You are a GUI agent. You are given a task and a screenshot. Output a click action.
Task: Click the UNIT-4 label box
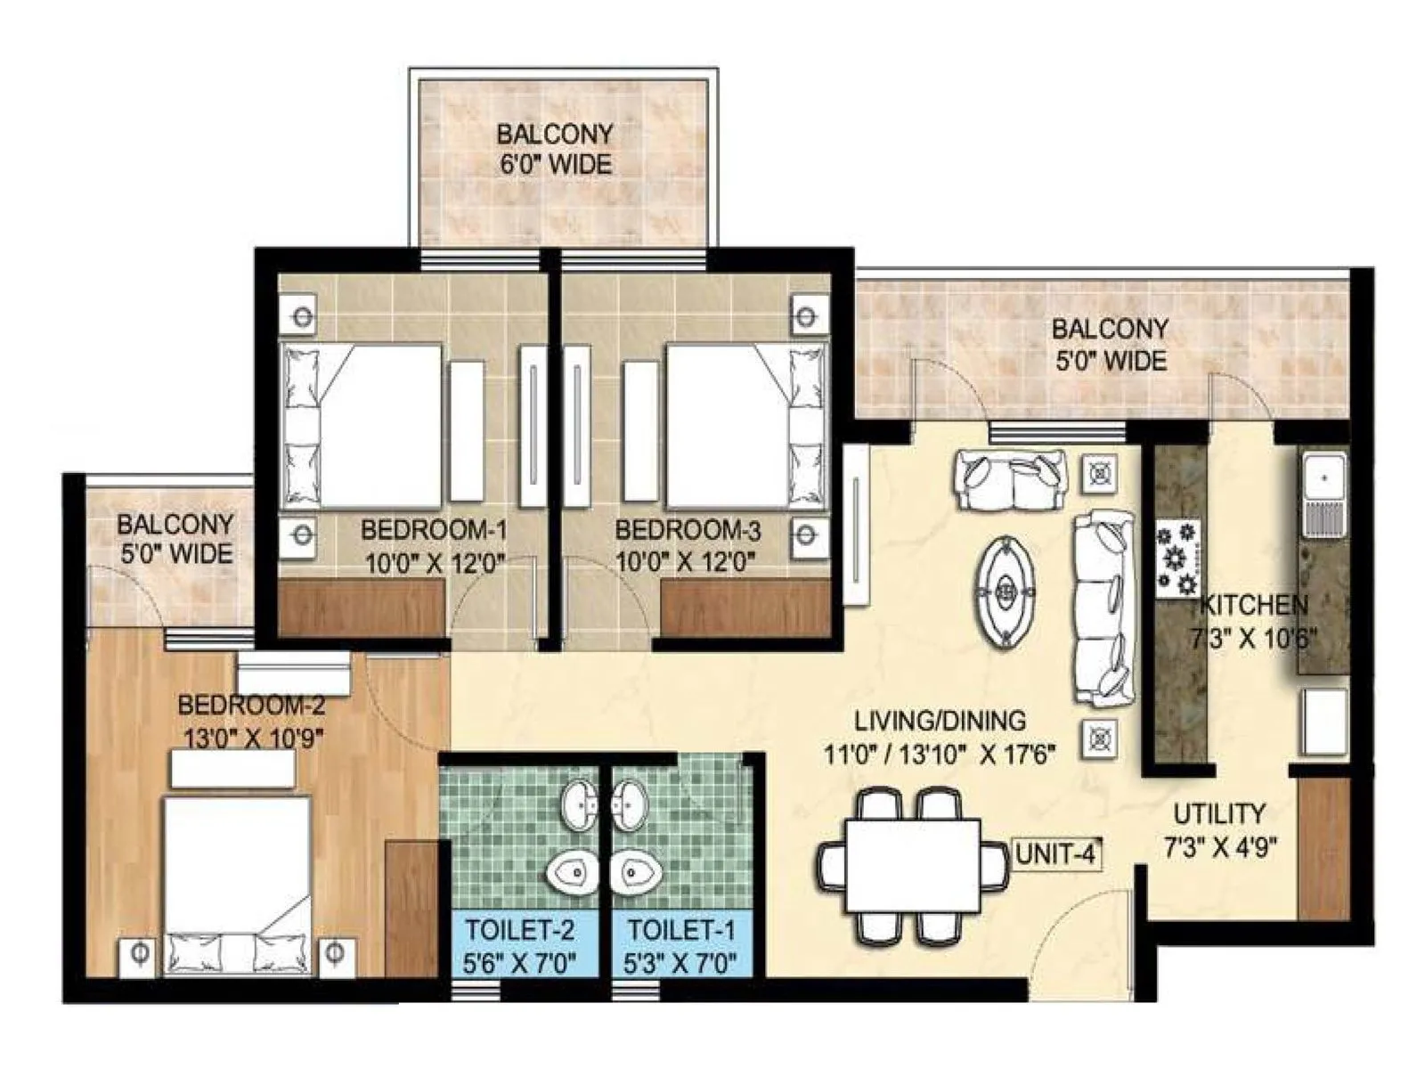click(x=1055, y=853)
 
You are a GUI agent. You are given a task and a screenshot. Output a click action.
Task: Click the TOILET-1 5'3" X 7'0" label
click(x=681, y=946)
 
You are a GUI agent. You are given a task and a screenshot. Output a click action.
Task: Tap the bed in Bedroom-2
click(x=237, y=877)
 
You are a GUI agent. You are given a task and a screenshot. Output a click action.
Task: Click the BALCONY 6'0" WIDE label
click(x=555, y=149)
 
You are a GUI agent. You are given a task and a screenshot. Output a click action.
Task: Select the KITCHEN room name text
click(x=1254, y=606)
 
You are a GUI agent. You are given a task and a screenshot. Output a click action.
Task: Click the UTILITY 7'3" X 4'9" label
click(x=1218, y=829)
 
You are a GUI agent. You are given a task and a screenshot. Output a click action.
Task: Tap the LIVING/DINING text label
click(x=940, y=720)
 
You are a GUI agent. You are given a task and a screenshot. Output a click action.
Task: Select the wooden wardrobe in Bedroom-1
click(x=362, y=608)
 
